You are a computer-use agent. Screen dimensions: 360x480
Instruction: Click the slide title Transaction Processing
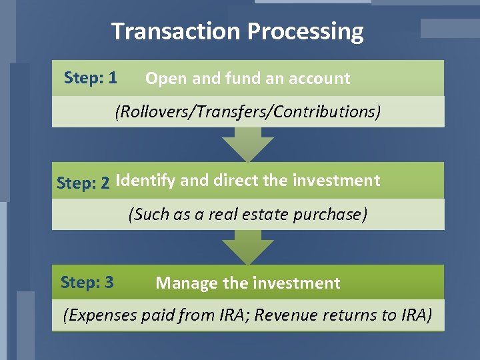[237, 31]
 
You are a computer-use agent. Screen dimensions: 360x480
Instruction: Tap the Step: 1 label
[91, 78]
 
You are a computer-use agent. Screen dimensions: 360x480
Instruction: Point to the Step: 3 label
[87, 282]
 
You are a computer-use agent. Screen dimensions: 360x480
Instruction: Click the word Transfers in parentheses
[217, 111]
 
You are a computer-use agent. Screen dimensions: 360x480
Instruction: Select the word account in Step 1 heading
[319, 79]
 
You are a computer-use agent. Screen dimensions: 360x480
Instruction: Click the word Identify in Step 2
[145, 181]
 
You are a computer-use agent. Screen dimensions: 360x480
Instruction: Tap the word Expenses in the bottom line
[101, 315]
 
